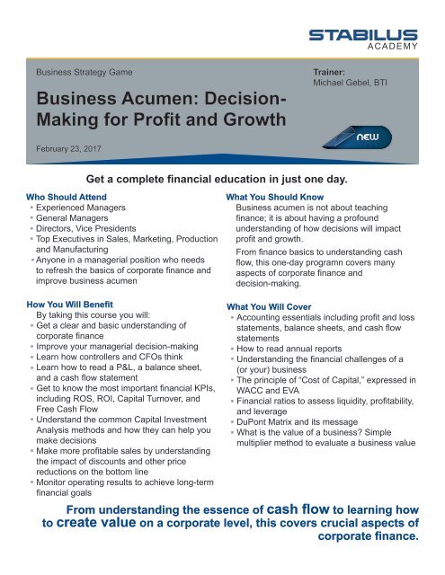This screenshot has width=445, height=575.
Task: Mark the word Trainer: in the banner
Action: click(x=329, y=68)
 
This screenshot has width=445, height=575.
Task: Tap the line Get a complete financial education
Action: click(x=221, y=177)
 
